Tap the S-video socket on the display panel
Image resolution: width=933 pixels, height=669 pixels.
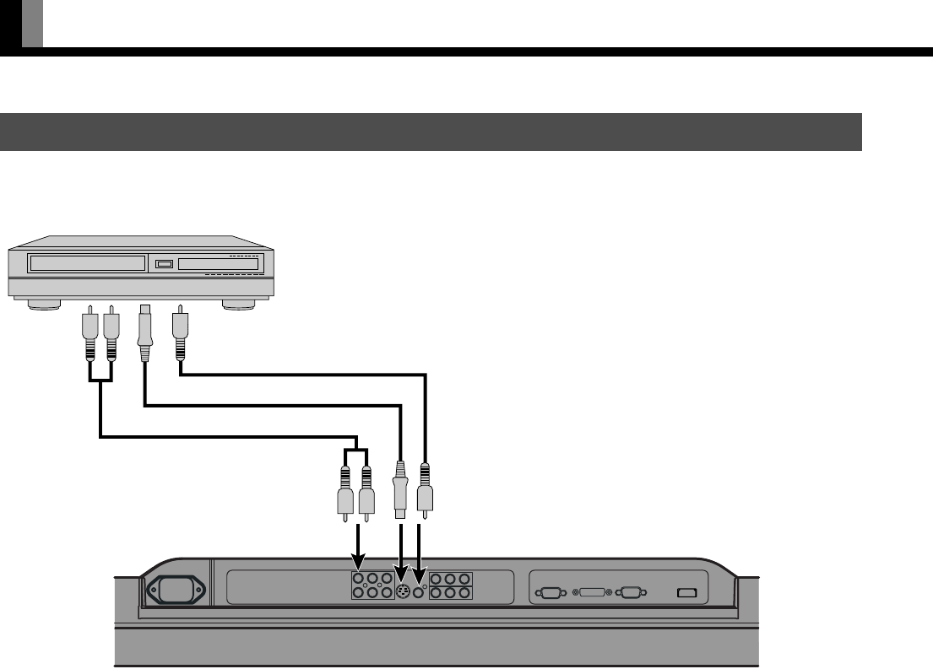click(x=403, y=592)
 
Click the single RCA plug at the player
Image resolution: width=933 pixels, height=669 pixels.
click(x=178, y=332)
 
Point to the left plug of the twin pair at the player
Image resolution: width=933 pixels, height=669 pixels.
click(x=90, y=332)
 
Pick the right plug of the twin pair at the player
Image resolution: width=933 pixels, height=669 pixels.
click(x=110, y=332)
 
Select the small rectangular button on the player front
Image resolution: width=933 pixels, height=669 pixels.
click(x=164, y=265)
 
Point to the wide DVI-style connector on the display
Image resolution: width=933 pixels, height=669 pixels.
click(x=590, y=593)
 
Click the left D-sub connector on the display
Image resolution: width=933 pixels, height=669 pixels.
click(x=551, y=593)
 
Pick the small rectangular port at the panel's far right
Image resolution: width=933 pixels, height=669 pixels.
click(x=686, y=593)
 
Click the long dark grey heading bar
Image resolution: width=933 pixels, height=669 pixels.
click(x=431, y=132)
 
